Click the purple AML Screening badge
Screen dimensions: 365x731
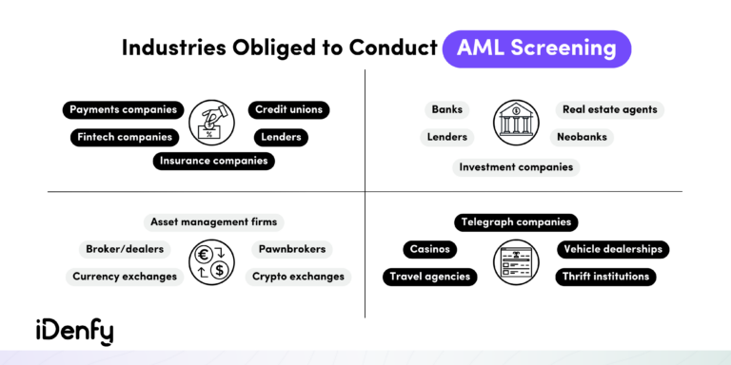click(536, 48)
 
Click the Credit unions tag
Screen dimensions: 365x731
click(288, 109)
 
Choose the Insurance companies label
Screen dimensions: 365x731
click(214, 161)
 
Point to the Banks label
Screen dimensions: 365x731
click(446, 109)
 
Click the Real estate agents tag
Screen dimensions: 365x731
click(609, 109)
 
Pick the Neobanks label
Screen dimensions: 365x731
click(582, 137)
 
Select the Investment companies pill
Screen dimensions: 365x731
click(516, 167)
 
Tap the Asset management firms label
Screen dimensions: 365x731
click(214, 221)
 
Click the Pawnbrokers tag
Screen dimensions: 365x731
click(291, 249)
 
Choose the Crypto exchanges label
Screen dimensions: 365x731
click(298, 277)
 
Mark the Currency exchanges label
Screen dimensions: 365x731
click(125, 277)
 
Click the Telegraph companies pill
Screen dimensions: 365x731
click(516, 221)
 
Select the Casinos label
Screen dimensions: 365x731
click(429, 249)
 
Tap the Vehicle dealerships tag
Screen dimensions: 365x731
click(612, 249)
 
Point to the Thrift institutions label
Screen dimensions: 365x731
click(605, 277)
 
